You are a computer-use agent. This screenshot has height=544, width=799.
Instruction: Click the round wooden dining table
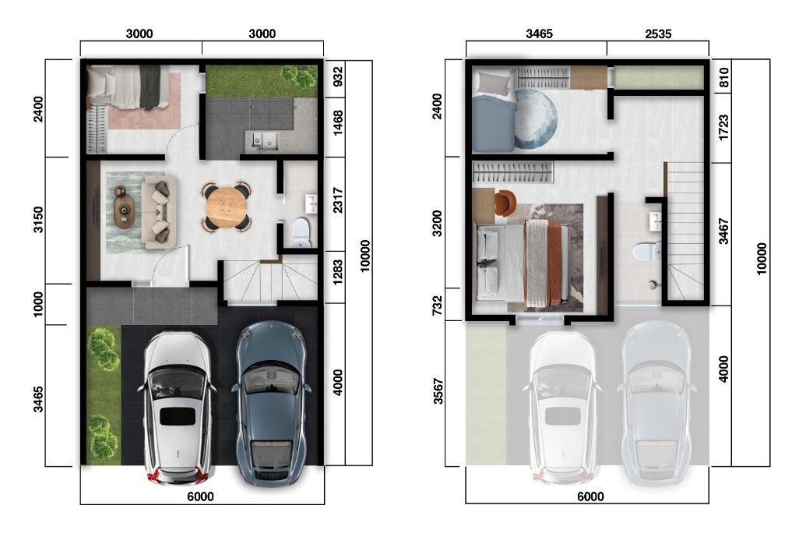[x=227, y=207]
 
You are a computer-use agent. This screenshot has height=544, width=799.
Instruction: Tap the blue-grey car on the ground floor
[x=271, y=403]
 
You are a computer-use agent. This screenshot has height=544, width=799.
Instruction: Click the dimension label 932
[x=337, y=77]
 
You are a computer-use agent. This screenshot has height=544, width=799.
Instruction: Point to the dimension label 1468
[x=337, y=123]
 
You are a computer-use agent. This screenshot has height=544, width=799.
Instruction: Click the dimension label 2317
[x=337, y=201]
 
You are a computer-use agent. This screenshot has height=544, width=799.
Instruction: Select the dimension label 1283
[x=337, y=273]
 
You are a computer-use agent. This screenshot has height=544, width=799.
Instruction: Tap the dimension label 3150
[x=39, y=220]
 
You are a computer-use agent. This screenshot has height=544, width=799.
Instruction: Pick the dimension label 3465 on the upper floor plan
[x=539, y=34]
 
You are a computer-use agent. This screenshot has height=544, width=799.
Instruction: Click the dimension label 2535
[x=658, y=34]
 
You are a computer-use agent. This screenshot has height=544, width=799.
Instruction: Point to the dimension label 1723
[x=723, y=128]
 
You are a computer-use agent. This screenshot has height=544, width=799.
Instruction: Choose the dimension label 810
[x=723, y=77]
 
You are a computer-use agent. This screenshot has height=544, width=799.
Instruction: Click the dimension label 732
[x=438, y=306]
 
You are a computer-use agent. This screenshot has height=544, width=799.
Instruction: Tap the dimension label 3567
[x=438, y=391]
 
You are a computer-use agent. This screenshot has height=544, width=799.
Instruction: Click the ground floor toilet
[x=301, y=231]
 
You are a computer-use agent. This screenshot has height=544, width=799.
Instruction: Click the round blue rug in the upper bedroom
[x=535, y=118]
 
